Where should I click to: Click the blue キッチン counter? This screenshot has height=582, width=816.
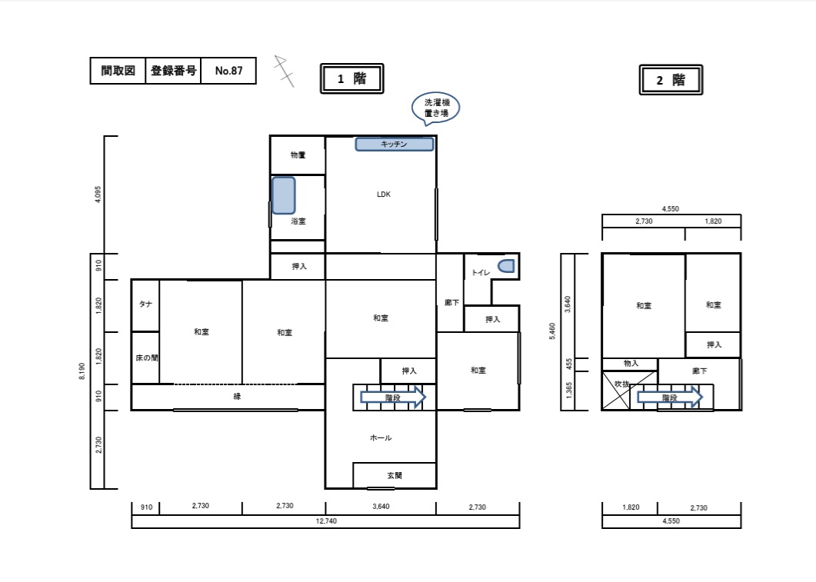(395, 144)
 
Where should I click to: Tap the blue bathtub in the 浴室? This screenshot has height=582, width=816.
(284, 195)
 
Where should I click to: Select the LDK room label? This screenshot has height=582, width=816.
(384, 194)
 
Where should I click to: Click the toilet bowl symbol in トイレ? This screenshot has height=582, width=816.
(506, 266)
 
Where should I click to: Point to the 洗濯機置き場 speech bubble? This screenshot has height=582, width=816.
(436, 108)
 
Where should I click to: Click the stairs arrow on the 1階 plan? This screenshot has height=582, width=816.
(393, 398)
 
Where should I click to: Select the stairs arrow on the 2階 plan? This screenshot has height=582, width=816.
(670, 398)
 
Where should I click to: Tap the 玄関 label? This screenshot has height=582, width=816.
(395, 475)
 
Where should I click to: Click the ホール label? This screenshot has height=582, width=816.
(381, 438)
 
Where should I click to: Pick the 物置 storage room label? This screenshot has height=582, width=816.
(298, 155)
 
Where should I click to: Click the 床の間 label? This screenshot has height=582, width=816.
(146, 358)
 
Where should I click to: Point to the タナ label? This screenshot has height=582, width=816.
(145, 304)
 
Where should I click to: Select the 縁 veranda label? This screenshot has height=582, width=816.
(237, 396)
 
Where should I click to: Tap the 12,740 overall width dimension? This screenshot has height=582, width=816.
(326, 521)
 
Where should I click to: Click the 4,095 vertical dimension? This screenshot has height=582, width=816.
(98, 195)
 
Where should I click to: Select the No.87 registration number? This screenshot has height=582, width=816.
(229, 71)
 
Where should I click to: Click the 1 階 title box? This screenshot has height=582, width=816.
(351, 78)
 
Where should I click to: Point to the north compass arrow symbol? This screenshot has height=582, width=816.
(284, 71)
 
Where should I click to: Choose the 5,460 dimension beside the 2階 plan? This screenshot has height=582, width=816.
(552, 331)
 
